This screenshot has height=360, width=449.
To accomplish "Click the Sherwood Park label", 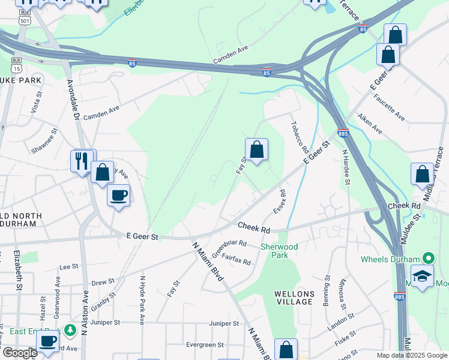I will [279, 251].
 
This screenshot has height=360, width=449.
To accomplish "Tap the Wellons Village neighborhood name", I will [294, 298].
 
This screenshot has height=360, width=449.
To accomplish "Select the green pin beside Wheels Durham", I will [428, 259].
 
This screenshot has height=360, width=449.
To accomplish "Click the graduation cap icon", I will [423, 276].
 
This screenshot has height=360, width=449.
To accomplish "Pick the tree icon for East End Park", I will [70, 330].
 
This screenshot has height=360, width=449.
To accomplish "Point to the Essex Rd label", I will [279, 202].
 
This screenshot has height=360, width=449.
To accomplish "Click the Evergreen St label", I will [204, 345].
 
